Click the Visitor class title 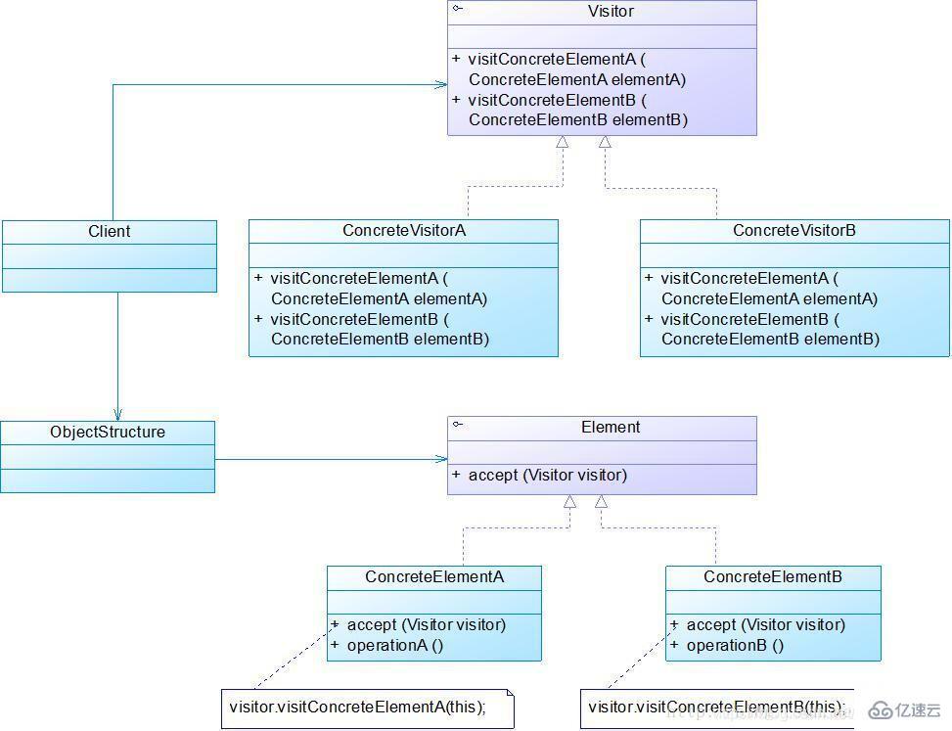[x=611, y=12]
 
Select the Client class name [x=110, y=232]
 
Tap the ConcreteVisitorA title [x=404, y=231]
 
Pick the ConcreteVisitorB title [x=794, y=231]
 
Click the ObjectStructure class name [x=108, y=432]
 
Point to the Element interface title [x=611, y=428]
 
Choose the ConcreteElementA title [x=434, y=577]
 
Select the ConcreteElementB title [x=773, y=577]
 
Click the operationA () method [x=394, y=646]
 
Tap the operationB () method [x=735, y=646]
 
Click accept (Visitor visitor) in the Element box [x=547, y=476]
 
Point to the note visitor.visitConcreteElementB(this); [x=715, y=707]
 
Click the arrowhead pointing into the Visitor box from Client [x=442, y=84]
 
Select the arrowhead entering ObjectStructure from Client [x=117, y=415]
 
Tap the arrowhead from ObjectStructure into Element [x=442, y=459]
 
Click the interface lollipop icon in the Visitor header [x=457, y=9]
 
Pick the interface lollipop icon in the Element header [x=457, y=425]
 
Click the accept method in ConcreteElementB [x=765, y=625]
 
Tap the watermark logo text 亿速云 [x=918, y=709]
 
